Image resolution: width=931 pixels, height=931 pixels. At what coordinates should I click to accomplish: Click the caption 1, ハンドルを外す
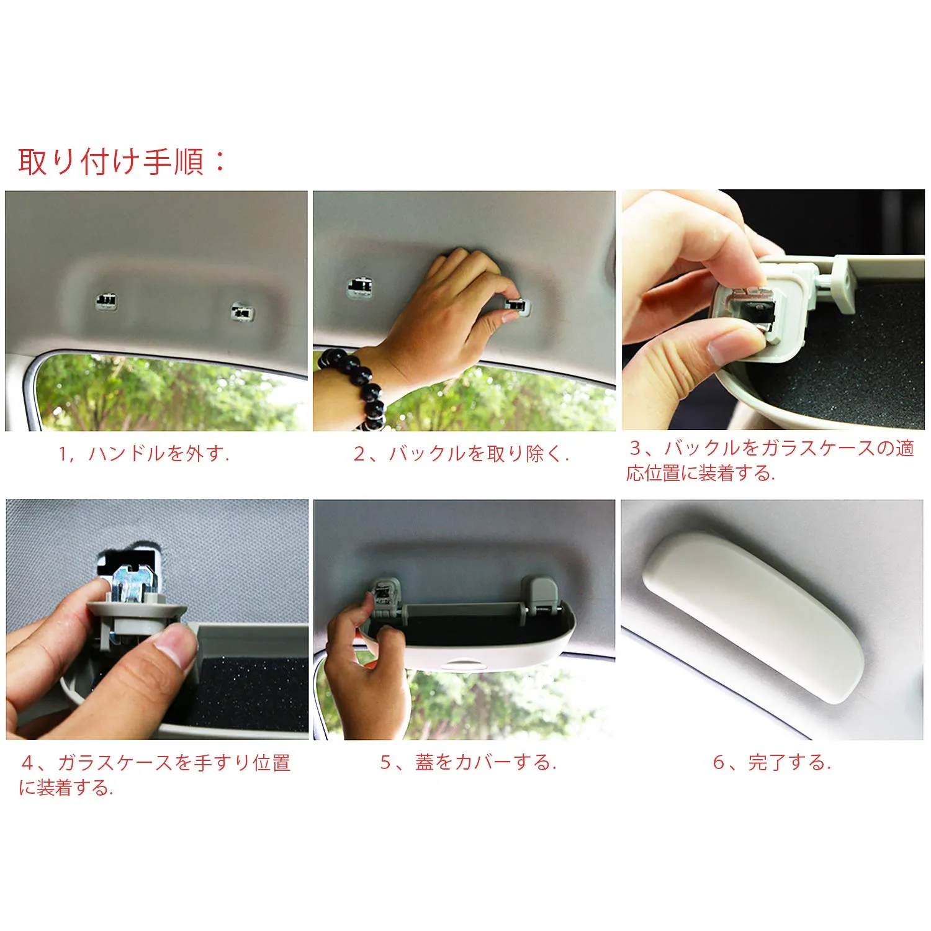click(144, 454)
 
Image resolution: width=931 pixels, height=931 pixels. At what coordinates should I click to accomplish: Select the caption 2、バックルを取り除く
click(461, 454)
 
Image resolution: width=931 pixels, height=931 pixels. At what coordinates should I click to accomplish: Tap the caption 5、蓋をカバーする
click(469, 762)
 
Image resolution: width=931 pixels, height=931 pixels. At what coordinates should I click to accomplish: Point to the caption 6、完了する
click(772, 762)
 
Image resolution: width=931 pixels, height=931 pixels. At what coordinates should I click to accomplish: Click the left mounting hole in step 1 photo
click(107, 301)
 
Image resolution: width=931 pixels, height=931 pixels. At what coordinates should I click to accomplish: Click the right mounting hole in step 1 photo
click(241, 311)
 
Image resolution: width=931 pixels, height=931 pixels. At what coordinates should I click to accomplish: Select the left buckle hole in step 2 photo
click(359, 286)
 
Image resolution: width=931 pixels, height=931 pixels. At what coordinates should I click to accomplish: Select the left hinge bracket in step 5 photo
click(387, 598)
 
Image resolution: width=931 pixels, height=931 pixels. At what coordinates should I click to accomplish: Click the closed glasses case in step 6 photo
click(753, 617)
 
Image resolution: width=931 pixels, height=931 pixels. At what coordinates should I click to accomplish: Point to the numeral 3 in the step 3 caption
click(636, 448)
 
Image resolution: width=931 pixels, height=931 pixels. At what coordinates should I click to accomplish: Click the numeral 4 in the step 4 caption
click(28, 762)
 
